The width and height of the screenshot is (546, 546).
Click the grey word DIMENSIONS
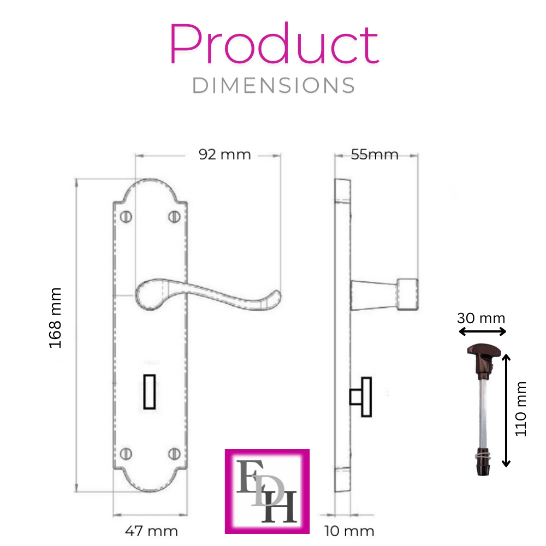pos(274,86)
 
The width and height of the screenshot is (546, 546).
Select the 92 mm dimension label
pos(225,155)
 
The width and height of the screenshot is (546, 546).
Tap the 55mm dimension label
pos(375,155)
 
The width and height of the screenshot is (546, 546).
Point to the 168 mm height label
pos(56,318)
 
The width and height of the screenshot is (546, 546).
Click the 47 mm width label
pos(152,531)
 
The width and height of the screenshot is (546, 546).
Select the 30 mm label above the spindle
pos(482,318)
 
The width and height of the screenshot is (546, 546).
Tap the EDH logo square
pos(268,491)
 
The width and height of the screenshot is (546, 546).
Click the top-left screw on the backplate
pos(127,217)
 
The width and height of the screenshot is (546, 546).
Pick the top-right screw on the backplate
pos(175,217)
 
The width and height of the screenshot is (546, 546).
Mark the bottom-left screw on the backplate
pos(127,453)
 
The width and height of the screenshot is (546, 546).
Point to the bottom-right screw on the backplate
pos(175,453)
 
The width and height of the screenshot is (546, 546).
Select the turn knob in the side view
pos(360,397)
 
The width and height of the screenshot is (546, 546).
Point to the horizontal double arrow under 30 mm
pos(482,331)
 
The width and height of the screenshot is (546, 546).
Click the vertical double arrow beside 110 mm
pos(506,410)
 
